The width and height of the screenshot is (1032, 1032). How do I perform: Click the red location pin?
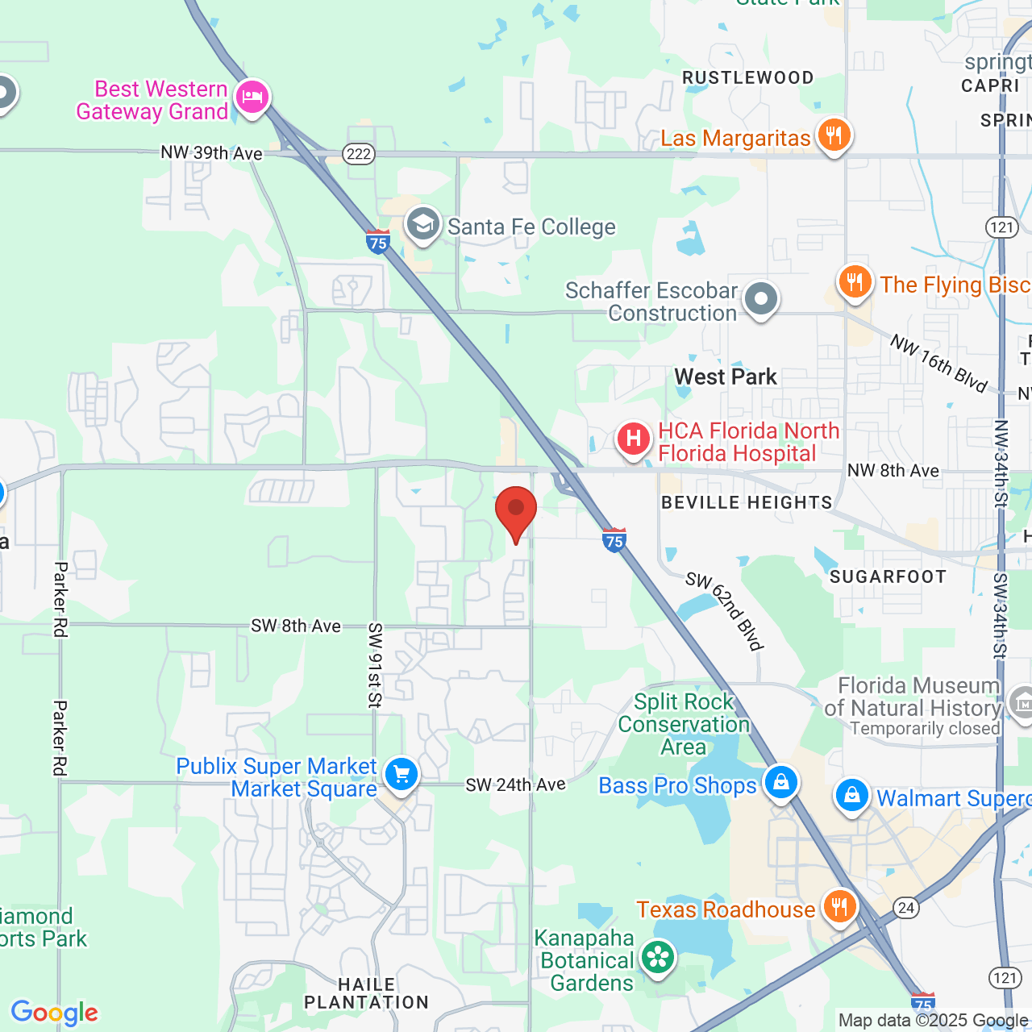click(516, 512)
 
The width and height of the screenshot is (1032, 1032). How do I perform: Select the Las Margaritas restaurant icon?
click(834, 135)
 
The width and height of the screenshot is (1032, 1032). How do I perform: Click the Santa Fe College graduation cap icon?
click(422, 224)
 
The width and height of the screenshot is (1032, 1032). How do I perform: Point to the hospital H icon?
click(634, 439)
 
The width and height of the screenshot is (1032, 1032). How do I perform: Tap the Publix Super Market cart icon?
click(401, 774)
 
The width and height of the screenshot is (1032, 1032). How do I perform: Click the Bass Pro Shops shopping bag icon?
click(780, 782)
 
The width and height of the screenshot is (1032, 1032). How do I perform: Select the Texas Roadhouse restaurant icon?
click(839, 906)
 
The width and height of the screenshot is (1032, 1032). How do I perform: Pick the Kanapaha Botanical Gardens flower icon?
click(658, 958)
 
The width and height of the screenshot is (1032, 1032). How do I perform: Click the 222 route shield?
click(358, 154)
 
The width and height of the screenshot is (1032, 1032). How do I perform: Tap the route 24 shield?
click(906, 908)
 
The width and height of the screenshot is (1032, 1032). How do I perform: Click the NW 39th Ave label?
click(211, 152)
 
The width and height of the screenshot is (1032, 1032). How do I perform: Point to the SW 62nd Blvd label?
click(725, 610)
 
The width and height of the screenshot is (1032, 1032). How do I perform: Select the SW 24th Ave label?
click(515, 784)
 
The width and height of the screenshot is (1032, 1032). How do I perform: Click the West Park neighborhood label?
click(726, 377)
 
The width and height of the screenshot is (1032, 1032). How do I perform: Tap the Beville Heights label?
click(747, 502)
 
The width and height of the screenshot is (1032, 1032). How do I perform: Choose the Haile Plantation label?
click(366, 993)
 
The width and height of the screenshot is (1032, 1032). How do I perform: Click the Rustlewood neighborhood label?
click(747, 77)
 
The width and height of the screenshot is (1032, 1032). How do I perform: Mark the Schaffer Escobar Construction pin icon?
click(760, 299)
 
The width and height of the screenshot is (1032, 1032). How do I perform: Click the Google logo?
click(54, 1012)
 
